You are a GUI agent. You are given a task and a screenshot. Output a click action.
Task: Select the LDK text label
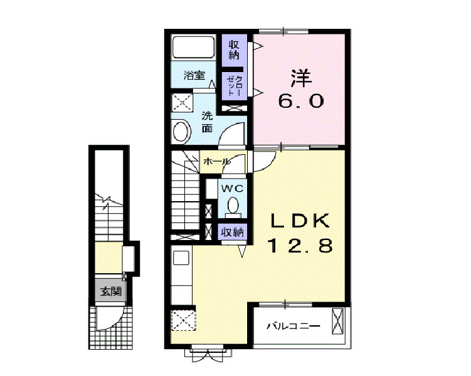point(300,222)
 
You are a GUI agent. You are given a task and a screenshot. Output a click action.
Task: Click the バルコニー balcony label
point(293,326)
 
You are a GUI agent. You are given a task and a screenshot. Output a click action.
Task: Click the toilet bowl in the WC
point(233,205)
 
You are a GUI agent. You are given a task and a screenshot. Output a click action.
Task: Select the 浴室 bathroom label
point(194,76)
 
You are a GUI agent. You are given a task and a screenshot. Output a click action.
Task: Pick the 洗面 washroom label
point(206,122)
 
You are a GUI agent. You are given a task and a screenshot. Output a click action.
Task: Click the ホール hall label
point(216,162)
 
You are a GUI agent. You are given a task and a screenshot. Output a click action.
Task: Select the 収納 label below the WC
point(232,232)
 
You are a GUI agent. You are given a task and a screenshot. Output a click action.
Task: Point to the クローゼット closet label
point(234,84)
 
